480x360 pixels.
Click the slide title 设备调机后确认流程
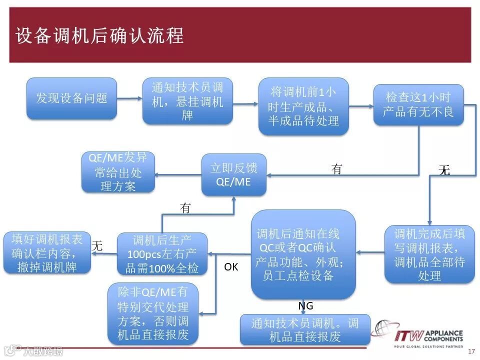(99, 36)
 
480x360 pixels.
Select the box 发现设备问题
(71, 98)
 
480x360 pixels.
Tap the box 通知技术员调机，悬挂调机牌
(187, 101)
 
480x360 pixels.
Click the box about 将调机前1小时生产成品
(303, 106)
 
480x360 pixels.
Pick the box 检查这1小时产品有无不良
(418, 104)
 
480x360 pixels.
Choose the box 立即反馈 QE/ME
(234, 174)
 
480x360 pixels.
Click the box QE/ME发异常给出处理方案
(118, 172)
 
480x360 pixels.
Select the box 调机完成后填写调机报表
(429, 254)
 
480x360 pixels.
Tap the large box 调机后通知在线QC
(303, 254)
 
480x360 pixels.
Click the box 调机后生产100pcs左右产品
(162, 253)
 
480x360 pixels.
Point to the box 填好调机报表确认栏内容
(47, 252)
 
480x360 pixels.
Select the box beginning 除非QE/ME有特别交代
(153, 313)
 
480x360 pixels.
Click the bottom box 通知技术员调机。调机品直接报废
(305, 329)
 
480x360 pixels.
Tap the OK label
(231, 267)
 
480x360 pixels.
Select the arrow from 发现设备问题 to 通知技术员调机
(129, 98)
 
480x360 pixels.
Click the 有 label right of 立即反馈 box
(337, 169)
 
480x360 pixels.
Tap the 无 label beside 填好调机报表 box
(97, 245)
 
